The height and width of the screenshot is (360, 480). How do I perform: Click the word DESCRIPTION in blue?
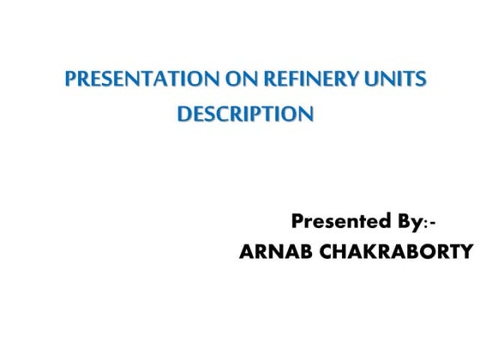tap(245, 112)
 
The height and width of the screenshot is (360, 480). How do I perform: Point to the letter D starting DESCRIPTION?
tap(184, 112)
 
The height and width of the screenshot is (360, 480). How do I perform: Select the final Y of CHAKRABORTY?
tap(466, 252)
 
